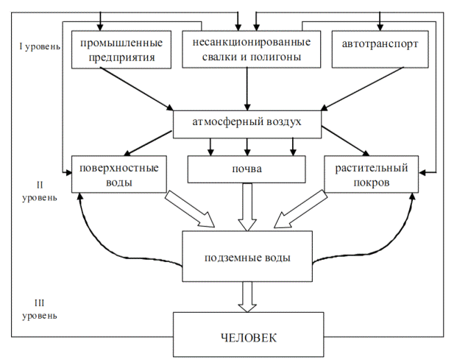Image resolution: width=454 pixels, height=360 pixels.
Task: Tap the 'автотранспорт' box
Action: point(380,45)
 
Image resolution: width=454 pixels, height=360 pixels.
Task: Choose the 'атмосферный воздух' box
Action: point(247,123)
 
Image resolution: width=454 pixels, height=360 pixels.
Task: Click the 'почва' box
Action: point(247,169)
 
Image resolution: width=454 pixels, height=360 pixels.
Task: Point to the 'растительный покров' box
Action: point(372,174)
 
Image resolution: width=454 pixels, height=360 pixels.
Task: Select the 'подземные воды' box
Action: point(247,258)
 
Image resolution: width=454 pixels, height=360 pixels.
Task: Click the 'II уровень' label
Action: point(40,190)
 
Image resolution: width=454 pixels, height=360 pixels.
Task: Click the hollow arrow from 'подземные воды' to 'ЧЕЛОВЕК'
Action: point(248,297)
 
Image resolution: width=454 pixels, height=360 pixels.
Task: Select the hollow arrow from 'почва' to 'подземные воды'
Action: point(248,206)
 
